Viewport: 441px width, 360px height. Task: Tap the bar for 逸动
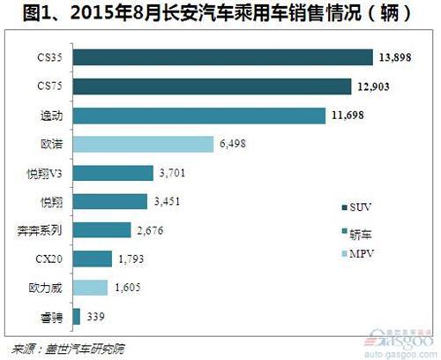[x=200, y=115]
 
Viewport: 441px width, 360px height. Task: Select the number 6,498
[x=233, y=144]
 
